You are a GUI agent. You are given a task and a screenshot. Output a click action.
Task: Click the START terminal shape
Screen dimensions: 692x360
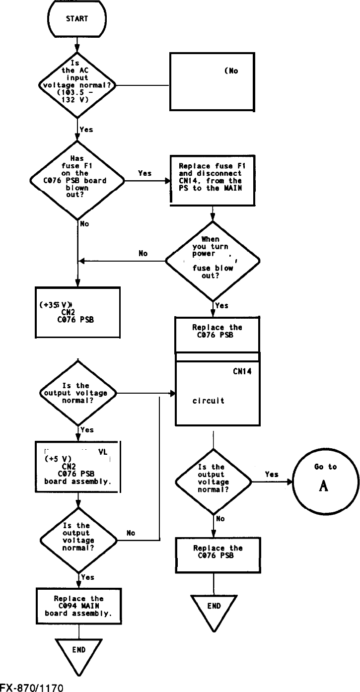pos(77,19)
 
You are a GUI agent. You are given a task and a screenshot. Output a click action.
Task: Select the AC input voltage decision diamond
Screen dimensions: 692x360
pos(77,85)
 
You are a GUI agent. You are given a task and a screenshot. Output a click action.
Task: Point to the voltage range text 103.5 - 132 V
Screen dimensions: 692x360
pos(77,95)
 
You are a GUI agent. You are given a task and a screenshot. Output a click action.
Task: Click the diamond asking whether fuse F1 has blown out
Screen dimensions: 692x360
pos(77,180)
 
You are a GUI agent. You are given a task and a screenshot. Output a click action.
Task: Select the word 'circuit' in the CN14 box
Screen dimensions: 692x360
pos(208,401)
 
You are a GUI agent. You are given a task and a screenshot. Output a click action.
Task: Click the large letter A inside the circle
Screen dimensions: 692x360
pos(324,486)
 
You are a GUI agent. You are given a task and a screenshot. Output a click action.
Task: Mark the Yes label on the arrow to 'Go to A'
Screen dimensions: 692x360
pos(272,475)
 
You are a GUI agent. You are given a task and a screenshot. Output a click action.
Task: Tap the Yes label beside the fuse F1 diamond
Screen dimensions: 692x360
pos(145,173)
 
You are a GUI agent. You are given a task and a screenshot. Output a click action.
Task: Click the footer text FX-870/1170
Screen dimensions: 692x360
pos(32,688)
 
